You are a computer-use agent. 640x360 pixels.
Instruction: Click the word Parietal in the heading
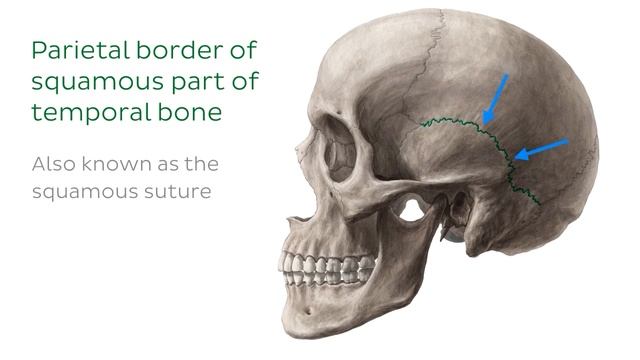coord(70,50)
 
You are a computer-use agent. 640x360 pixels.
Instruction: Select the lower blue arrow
coord(540,150)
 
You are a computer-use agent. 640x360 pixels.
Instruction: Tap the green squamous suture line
coord(450,122)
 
